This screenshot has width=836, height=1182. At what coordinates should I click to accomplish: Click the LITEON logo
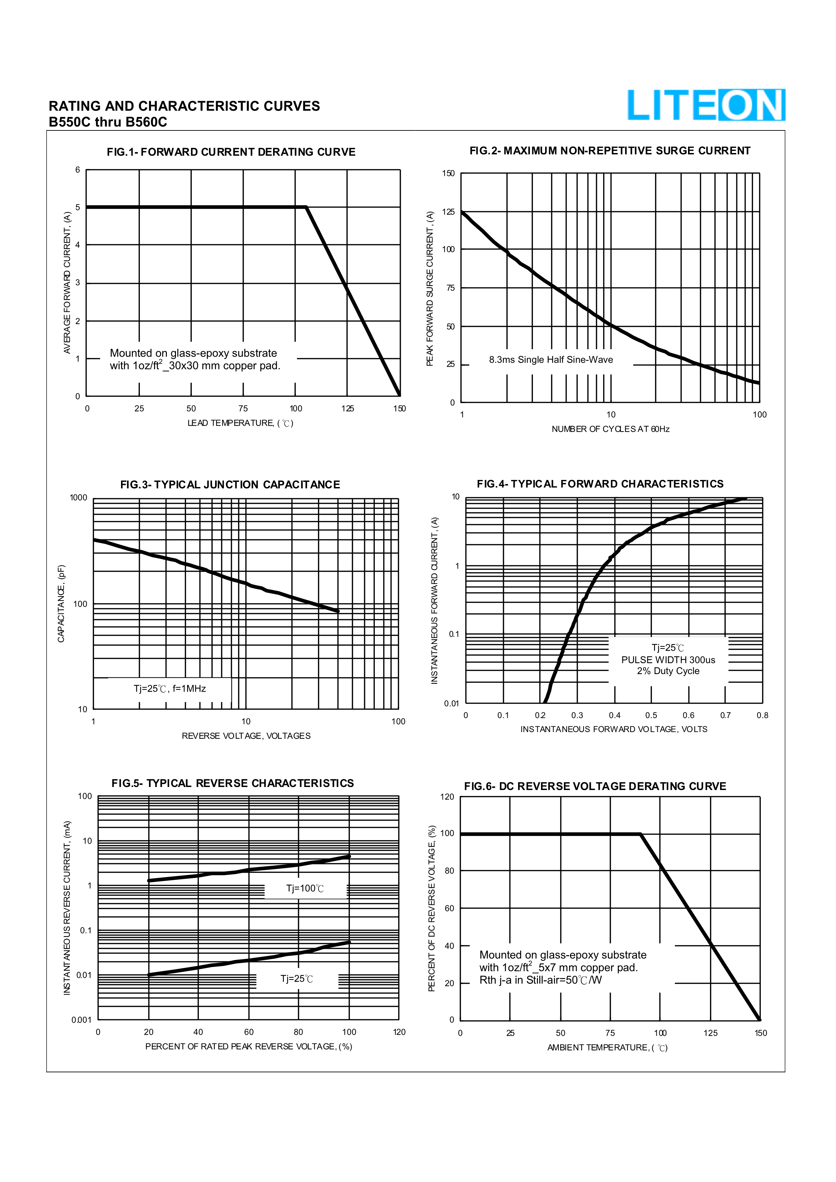(706, 105)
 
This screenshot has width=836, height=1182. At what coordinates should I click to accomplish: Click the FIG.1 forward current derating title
(231, 152)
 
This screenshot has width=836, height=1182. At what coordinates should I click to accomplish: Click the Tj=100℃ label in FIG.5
(305, 888)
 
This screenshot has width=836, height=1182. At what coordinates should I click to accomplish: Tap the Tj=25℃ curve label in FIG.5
(297, 979)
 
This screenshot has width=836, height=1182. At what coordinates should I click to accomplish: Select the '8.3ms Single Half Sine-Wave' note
(551, 360)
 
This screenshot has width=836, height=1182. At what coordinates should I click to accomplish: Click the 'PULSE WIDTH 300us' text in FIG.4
(668, 660)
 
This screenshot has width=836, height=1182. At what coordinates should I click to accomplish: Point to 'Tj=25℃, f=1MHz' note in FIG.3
(170, 689)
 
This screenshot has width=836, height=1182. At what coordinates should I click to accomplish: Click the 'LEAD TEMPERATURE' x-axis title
(240, 423)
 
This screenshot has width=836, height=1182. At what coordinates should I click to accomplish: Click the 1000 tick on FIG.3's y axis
(79, 498)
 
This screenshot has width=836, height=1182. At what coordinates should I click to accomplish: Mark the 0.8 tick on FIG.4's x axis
(763, 715)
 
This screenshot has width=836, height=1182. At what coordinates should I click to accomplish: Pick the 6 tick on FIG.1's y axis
(78, 170)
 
